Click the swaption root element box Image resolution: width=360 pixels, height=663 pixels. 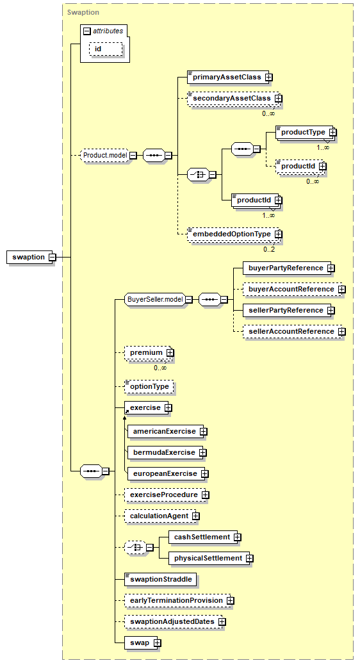[29, 257]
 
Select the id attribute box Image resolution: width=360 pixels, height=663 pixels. [106, 49]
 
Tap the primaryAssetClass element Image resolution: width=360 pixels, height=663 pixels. [228, 78]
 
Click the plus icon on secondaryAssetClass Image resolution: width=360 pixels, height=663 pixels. [278, 99]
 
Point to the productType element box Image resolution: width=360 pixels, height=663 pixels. [304, 133]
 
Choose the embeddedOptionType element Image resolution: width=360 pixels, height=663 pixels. [233, 234]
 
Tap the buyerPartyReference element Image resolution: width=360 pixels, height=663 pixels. [287, 268]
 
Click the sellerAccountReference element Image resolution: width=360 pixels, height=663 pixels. [292, 332]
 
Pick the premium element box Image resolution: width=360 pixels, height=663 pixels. [147, 353]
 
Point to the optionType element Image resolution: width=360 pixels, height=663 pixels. [149, 386]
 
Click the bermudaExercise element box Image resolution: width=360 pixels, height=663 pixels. [165, 452]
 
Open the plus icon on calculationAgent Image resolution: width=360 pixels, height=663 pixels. [196, 516]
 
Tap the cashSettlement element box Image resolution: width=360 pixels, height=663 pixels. [202, 537]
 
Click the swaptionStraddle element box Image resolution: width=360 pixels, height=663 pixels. [161, 579]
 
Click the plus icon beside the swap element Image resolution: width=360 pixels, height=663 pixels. [158, 643]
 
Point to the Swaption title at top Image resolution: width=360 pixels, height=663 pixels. [83, 12]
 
